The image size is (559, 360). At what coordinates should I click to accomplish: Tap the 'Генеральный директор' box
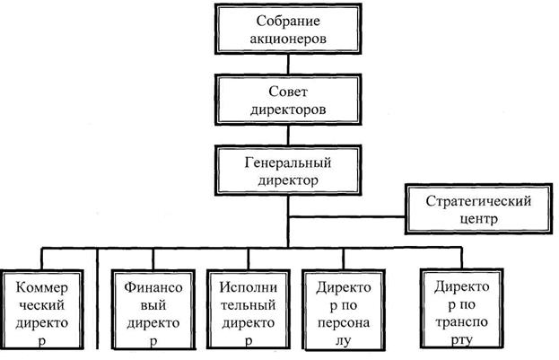pyautogui.click(x=285, y=171)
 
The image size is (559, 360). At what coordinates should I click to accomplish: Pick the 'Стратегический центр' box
pyautogui.click(x=481, y=208)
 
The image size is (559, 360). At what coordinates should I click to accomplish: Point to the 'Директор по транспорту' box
pyautogui.click(x=463, y=309)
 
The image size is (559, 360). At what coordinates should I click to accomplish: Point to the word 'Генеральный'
pyautogui.click(x=285, y=162)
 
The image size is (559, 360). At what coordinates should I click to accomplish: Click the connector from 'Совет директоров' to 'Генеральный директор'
pyautogui.click(x=285, y=136)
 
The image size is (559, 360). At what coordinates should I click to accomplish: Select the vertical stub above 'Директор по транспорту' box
pyautogui.click(x=463, y=256)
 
